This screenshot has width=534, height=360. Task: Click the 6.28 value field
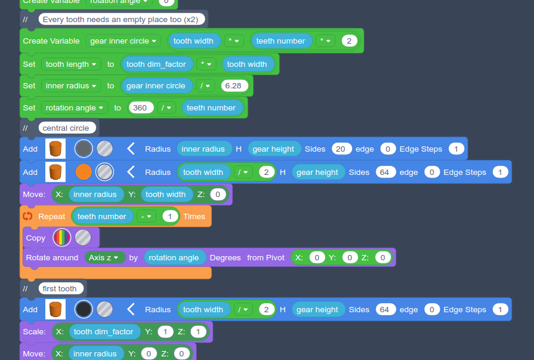pyautogui.click(x=234, y=85)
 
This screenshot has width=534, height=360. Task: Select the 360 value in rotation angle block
pyautogui.click(x=141, y=107)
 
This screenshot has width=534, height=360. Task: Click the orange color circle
pyautogui.click(x=84, y=172)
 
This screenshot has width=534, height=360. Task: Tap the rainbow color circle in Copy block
pyautogui.click(x=61, y=238)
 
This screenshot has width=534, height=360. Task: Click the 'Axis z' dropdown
pyautogui.click(x=105, y=257)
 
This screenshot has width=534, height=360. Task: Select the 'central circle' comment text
pyautogui.click(x=66, y=128)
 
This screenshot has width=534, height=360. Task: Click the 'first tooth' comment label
pyautogui.click(x=60, y=288)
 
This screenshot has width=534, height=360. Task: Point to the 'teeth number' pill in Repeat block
pyautogui.click(x=102, y=216)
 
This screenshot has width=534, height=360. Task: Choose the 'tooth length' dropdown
pyautogui.click(x=72, y=64)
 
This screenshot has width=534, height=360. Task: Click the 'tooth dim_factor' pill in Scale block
pyautogui.click(x=104, y=331)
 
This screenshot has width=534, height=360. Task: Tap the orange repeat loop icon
pyautogui.click(x=27, y=216)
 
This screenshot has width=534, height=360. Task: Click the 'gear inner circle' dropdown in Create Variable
pyautogui.click(x=124, y=41)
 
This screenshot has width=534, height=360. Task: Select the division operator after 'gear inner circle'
pyautogui.click(x=205, y=85)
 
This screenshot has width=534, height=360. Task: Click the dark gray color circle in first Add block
pyautogui.click(x=84, y=149)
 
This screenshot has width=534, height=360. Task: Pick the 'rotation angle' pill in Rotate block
pyautogui.click(x=174, y=257)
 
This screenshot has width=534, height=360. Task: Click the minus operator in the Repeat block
pyautogui.click(x=146, y=216)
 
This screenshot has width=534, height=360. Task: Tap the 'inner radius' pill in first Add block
pyautogui.click(x=203, y=149)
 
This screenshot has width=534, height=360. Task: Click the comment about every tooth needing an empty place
pyautogui.click(x=122, y=19)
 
